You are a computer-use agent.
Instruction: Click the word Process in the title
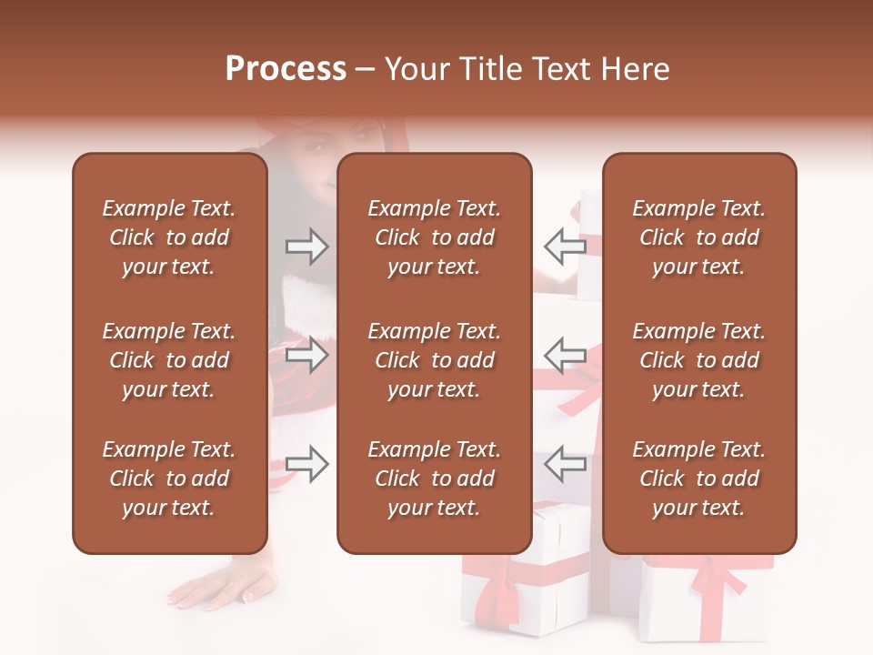pyautogui.click(x=286, y=69)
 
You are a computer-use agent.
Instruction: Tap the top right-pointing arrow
pyautogui.click(x=306, y=246)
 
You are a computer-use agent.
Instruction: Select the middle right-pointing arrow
pyautogui.click(x=306, y=354)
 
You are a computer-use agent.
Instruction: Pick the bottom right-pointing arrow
pyautogui.click(x=306, y=464)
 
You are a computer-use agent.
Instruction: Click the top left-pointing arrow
pyautogui.click(x=566, y=246)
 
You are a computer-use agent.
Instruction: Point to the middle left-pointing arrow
pyautogui.click(x=566, y=354)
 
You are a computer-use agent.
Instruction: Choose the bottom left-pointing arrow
pyautogui.click(x=566, y=464)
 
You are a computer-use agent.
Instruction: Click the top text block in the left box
pyautogui.click(x=169, y=237)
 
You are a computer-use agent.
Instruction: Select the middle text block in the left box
pyautogui.click(x=169, y=360)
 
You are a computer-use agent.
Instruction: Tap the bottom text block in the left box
pyautogui.click(x=169, y=479)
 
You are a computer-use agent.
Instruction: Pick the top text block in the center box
pyautogui.click(x=434, y=237)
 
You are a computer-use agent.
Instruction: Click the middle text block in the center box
pyautogui.click(x=434, y=360)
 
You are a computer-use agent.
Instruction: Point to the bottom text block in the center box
pyautogui.click(x=434, y=479)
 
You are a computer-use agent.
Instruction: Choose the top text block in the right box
pyautogui.click(x=698, y=237)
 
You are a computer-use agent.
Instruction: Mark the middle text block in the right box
pyautogui.click(x=698, y=360)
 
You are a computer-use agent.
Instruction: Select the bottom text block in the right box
pyautogui.click(x=698, y=479)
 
